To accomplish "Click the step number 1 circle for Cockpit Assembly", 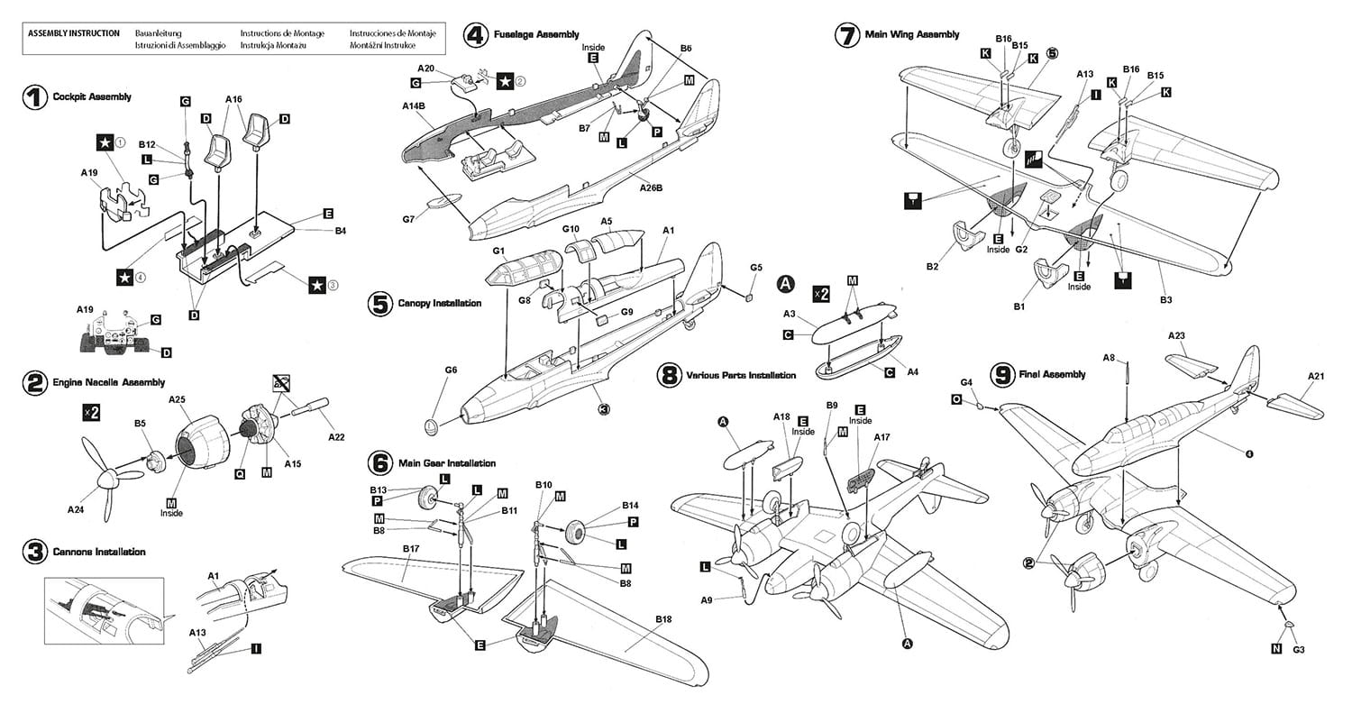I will click(x=34, y=97).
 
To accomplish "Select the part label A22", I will click(x=336, y=437).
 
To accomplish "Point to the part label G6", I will click(x=452, y=370).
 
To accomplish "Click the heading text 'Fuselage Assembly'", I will click(x=536, y=35).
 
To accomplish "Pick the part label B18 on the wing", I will click(x=664, y=619).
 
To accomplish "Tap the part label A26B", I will click(x=652, y=187).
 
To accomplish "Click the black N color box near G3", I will click(x=1275, y=648).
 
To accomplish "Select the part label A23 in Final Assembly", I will click(x=1175, y=335).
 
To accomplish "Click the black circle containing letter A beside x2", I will click(x=786, y=285).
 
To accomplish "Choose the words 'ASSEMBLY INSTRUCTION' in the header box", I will click(x=74, y=33).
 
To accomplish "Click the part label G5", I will click(x=755, y=268).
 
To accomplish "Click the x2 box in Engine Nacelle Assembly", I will click(x=90, y=411).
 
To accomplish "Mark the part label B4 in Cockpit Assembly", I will click(x=340, y=232).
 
